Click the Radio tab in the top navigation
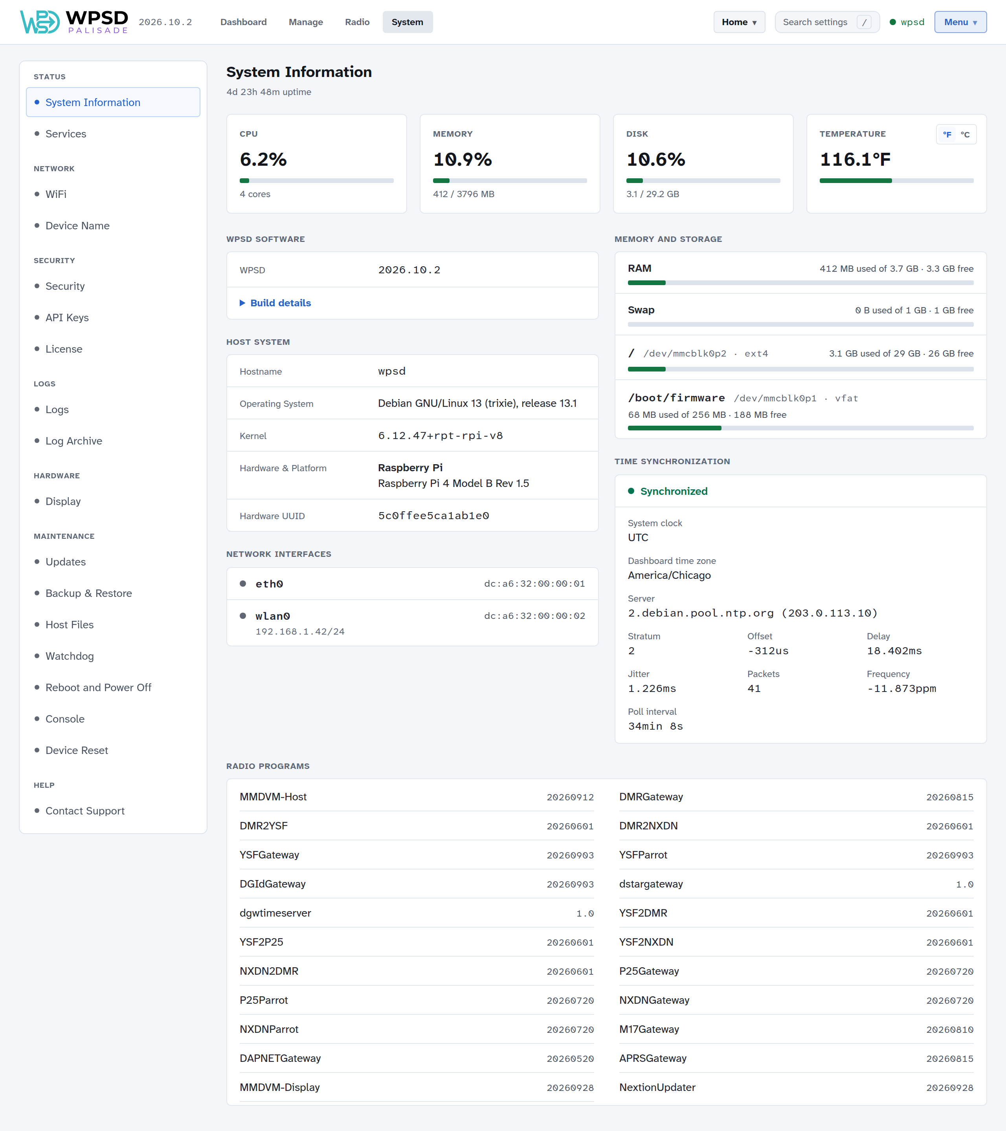[x=357, y=22]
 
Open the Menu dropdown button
[x=960, y=22]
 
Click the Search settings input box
[x=827, y=22]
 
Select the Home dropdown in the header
[x=739, y=22]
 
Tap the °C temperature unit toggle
[x=965, y=134]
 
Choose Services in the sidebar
[x=66, y=134]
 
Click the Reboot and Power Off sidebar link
[x=98, y=687]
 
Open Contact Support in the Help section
[x=85, y=811]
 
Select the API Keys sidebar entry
[x=67, y=318]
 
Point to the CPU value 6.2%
[x=263, y=159]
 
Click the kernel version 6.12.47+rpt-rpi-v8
[x=440, y=436]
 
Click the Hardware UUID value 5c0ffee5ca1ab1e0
[x=433, y=516]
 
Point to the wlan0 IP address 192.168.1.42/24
[x=299, y=631]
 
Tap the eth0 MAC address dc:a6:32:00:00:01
[x=534, y=584]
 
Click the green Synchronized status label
[x=674, y=491]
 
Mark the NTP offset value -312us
[x=768, y=651]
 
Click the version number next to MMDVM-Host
[x=570, y=797]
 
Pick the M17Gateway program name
[x=649, y=1029]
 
